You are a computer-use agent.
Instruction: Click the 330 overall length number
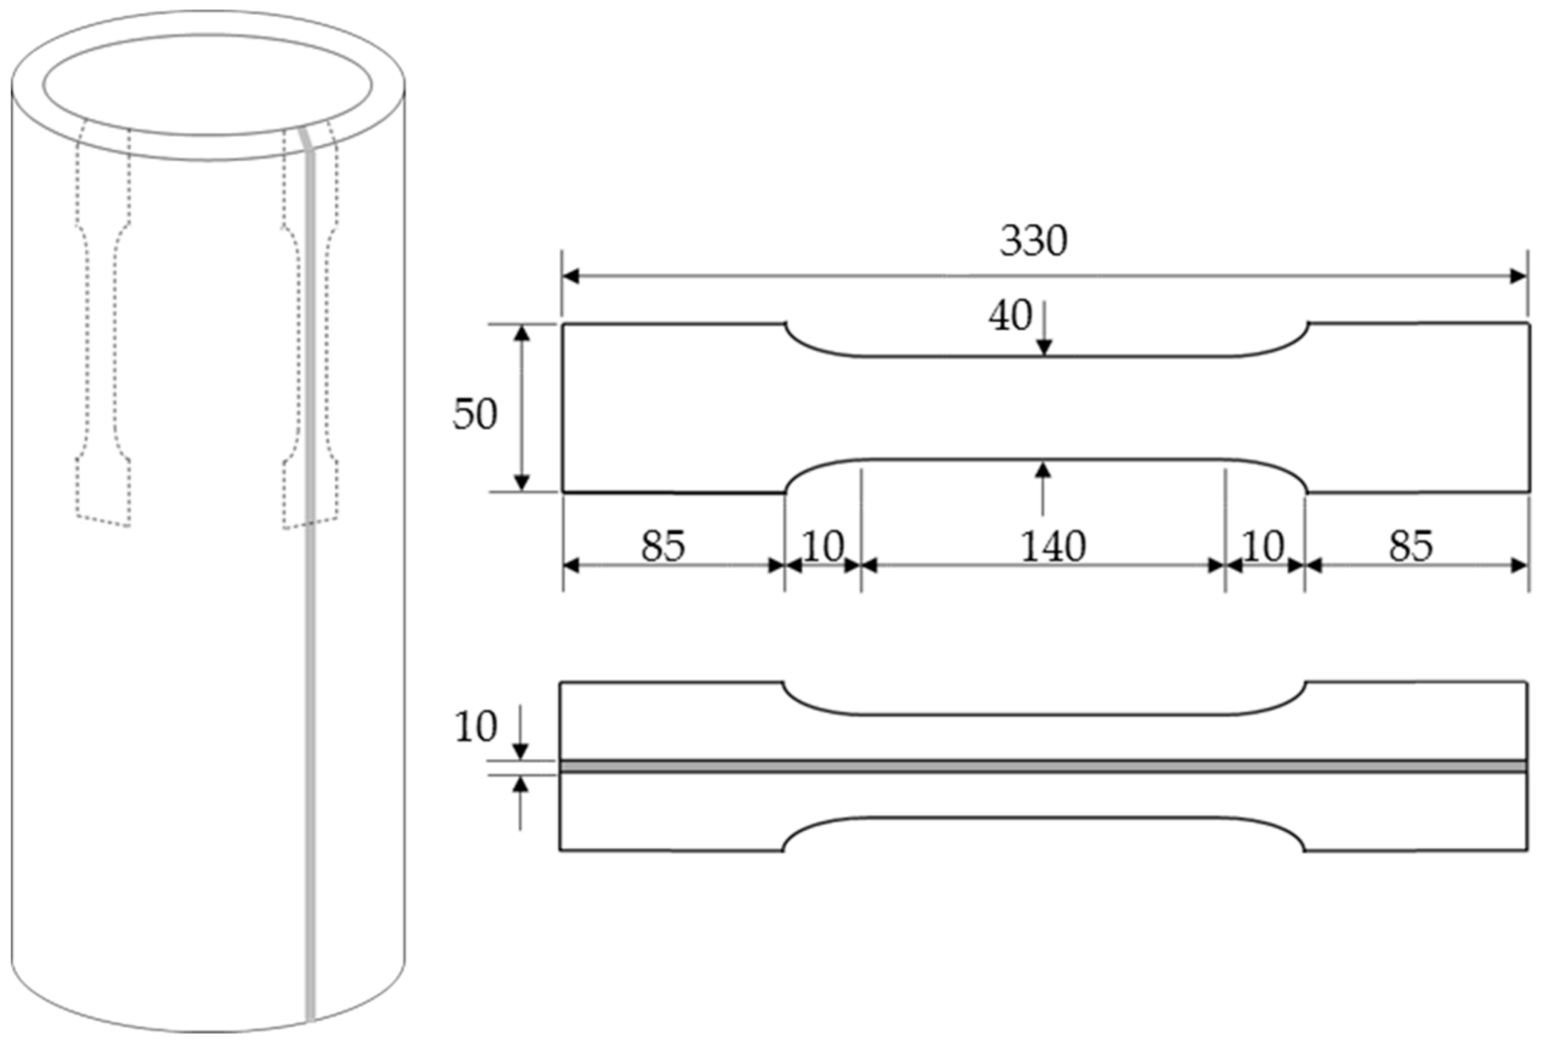pos(1033,241)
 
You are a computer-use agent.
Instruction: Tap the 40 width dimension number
pos(1010,316)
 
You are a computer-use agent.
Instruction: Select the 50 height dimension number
pos(475,414)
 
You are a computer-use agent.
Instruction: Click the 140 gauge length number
pos(1053,546)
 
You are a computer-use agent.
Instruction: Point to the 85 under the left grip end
pos(663,546)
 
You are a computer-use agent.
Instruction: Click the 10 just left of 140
pos(823,546)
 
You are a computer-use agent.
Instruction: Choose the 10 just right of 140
pos(1263,546)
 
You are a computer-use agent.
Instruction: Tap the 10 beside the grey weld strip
pos(475,726)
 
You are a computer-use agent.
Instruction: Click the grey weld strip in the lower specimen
pos(1042,767)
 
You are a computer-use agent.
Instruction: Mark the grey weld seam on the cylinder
pos(311,664)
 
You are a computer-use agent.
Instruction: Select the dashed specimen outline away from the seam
pos(103,332)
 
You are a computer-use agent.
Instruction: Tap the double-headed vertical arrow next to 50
pos(522,408)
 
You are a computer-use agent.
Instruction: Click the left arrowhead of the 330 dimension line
pos(570,276)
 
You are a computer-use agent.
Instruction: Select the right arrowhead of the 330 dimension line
pos(1519,276)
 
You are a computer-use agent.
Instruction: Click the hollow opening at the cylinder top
pos(208,85)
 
